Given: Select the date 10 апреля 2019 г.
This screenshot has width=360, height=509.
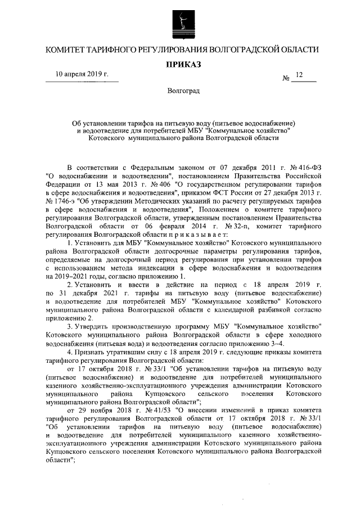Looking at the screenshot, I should (x=82, y=74).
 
